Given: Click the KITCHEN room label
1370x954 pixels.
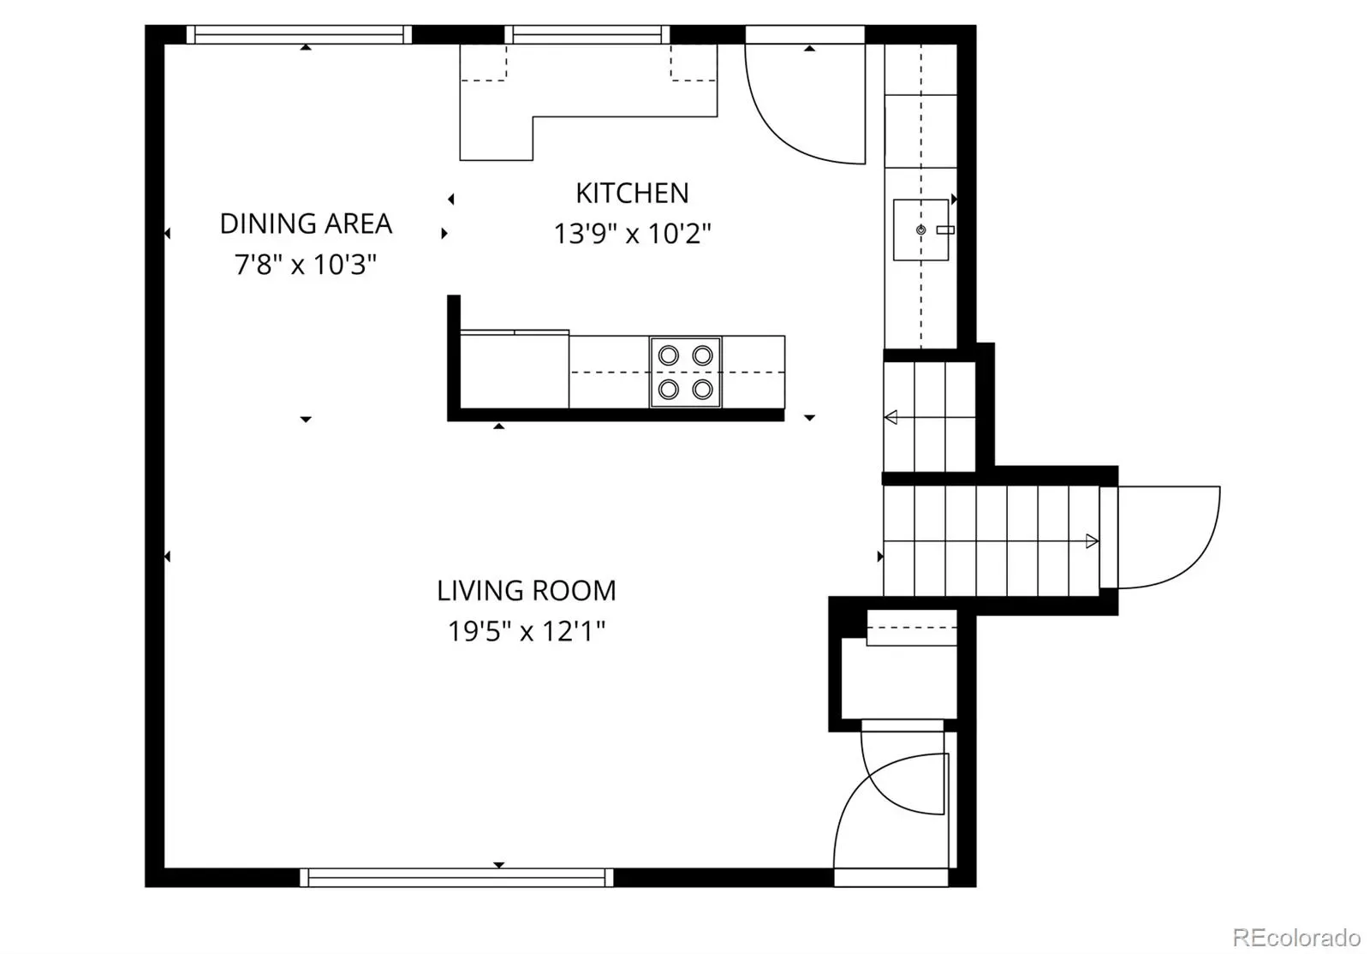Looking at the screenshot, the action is click(x=632, y=194).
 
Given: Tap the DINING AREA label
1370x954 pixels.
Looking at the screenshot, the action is click(x=306, y=224).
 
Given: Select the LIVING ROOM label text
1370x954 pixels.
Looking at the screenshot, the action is click(x=527, y=591).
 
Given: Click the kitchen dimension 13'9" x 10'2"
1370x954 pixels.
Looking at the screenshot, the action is click(x=633, y=234).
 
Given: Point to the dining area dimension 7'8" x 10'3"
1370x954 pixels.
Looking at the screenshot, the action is click(x=305, y=264).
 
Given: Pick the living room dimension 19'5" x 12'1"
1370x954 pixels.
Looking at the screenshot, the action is click(x=527, y=631).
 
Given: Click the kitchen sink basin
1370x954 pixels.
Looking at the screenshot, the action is click(x=920, y=230).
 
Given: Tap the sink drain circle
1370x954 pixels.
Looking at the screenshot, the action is click(x=920, y=230).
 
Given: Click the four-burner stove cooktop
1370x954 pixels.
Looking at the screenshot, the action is click(x=686, y=372).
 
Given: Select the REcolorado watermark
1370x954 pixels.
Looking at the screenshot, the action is click(x=1296, y=937).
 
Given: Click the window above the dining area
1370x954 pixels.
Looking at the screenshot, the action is click(x=299, y=34).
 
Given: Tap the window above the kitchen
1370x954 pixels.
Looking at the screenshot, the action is click(x=587, y=34).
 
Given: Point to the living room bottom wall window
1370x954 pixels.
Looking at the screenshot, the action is click(x=456, y=878).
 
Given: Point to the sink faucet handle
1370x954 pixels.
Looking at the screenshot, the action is click(x=945, y=230).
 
